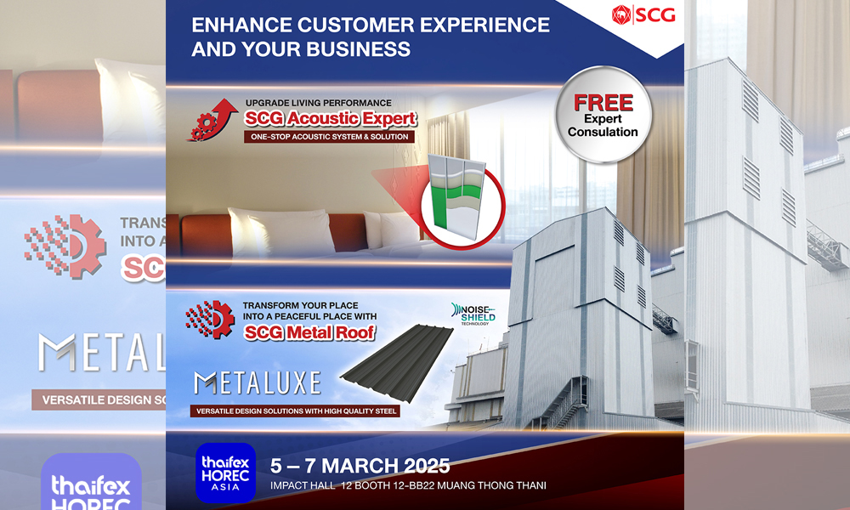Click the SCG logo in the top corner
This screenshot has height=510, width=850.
coord(643,15)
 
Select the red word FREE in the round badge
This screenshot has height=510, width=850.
coord(603,103)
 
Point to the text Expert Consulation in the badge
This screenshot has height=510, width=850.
coord(603,126)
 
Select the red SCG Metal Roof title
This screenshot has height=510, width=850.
coord(310,333)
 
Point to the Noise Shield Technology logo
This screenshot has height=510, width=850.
coord(475,313)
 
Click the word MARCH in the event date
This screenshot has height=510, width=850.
coord(363,466)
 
